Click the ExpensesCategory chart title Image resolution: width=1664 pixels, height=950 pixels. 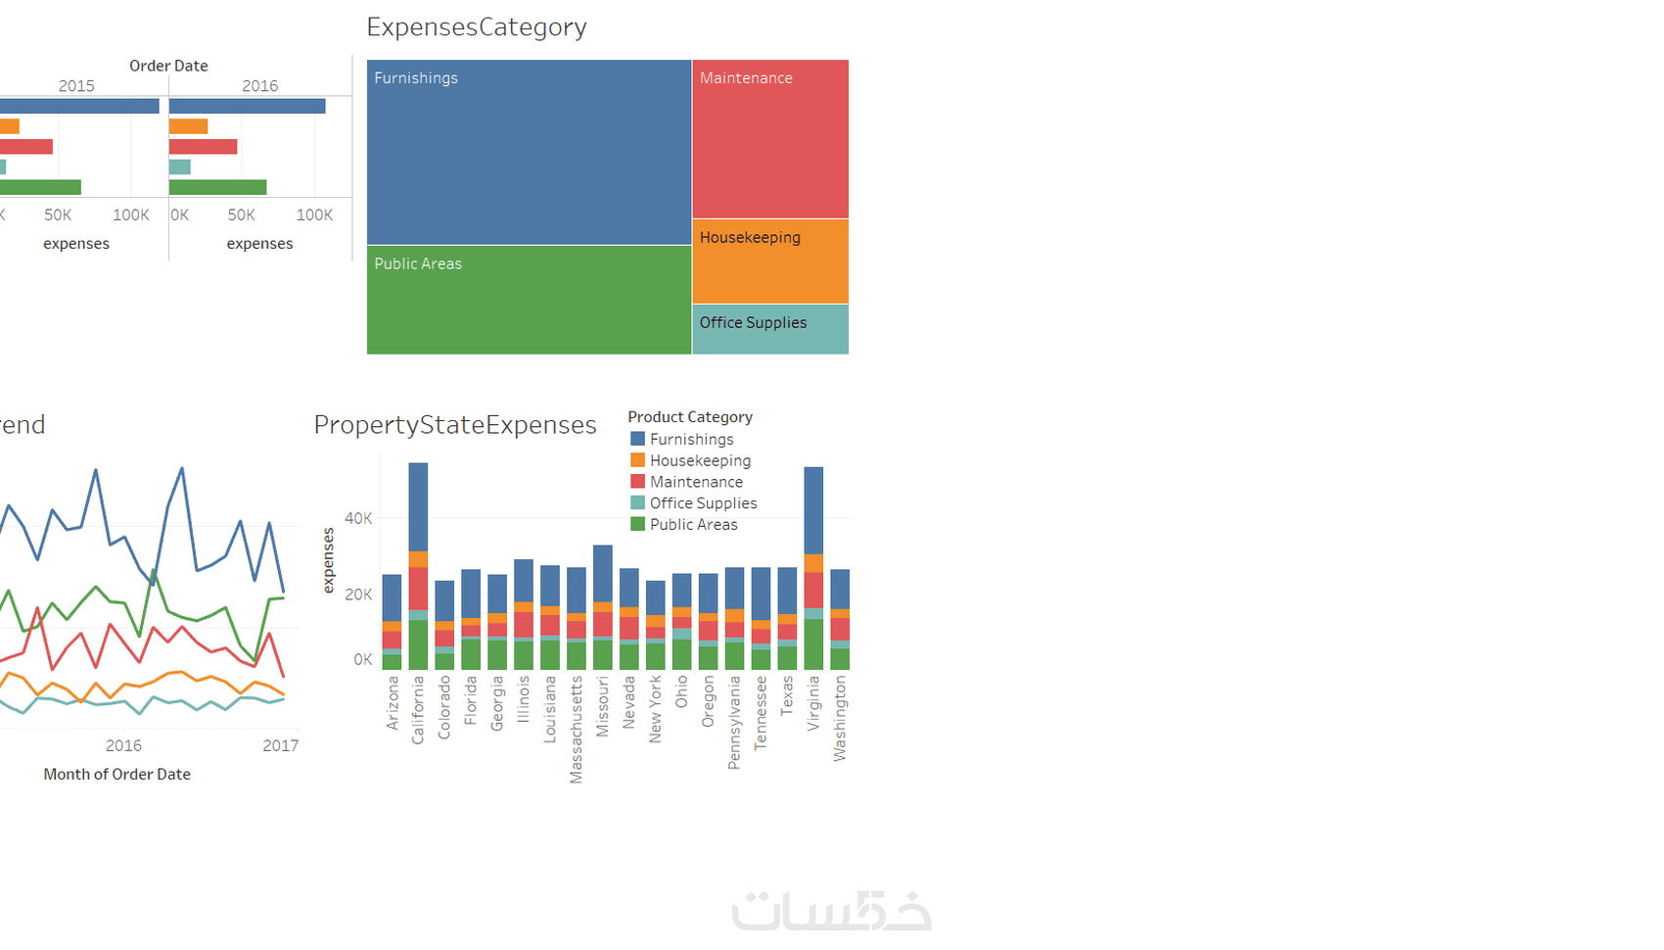click(477, 27)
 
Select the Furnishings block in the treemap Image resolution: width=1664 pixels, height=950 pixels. click(529, 152)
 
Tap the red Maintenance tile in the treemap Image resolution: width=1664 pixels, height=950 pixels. click(770, 139)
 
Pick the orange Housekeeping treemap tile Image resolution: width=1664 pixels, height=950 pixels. click(770, 261)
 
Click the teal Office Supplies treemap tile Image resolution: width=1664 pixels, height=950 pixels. click(770, 330)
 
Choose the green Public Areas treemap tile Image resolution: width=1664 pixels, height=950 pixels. click(529, 300)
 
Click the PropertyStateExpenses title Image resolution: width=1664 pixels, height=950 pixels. click(455, 425)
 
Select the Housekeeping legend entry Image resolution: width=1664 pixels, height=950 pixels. click(700, 460)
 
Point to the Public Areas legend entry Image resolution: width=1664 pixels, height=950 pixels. click(693, 525)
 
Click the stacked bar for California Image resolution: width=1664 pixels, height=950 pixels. click(418, 566)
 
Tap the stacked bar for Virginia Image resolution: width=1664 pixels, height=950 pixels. click(813, 568)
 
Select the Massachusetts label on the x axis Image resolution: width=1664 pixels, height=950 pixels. click(576, 729)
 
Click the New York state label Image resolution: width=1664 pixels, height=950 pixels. click(655, 708)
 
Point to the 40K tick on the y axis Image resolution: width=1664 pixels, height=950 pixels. click(358, 518)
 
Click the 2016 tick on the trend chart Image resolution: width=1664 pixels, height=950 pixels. click(123, 745)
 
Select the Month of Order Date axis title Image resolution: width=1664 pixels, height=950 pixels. click(116, 774)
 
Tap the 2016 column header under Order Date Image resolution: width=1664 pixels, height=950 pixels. click(259, 86)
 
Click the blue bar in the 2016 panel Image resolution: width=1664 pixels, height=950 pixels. click(247, 106)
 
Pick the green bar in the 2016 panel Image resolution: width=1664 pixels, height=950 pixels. click(217, 187)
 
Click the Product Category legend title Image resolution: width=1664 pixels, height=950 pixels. click(690, 417)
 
